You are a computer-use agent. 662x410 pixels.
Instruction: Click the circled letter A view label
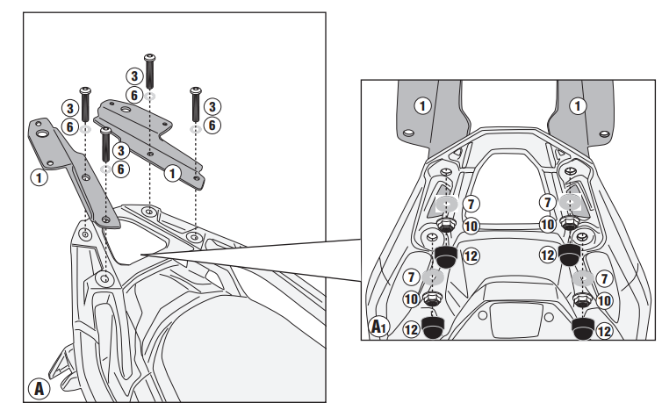[39, 387]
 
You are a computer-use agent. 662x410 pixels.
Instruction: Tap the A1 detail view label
[378, 327]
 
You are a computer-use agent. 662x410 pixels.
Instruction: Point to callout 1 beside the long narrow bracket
[39, 176]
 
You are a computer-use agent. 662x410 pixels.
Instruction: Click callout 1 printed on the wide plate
[174, 172]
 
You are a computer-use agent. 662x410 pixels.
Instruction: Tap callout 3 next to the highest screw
[133, 76]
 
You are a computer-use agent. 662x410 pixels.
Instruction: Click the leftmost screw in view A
[86, 105]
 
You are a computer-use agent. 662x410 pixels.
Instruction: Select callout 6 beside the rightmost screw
[213, 125]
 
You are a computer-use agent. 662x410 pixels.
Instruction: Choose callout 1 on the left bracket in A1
[423, 105]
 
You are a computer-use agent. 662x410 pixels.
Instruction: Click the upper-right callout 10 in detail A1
[546, 226]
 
